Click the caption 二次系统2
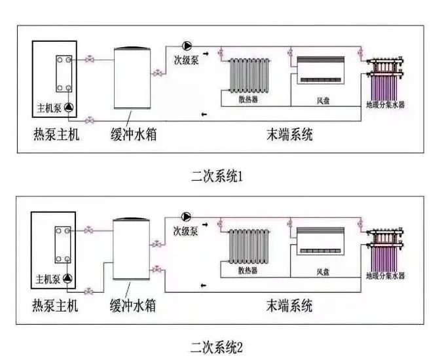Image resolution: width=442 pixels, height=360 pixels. pos(215,345)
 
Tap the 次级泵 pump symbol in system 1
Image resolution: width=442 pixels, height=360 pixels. pos(187,45)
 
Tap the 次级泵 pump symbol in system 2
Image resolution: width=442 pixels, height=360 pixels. pos(187,217)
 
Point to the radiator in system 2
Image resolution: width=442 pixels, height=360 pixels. pos(249,247)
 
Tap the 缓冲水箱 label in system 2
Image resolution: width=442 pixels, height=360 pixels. pos(132,306)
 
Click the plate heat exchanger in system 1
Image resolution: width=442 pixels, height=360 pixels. pos(65,75)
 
